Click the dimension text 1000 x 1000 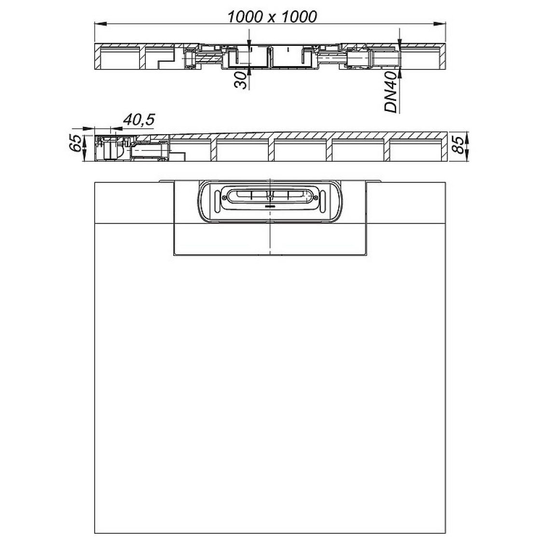(272, 17)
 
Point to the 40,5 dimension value (138, 120)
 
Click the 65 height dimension (76, 143)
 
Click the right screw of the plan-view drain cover (315, 198)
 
